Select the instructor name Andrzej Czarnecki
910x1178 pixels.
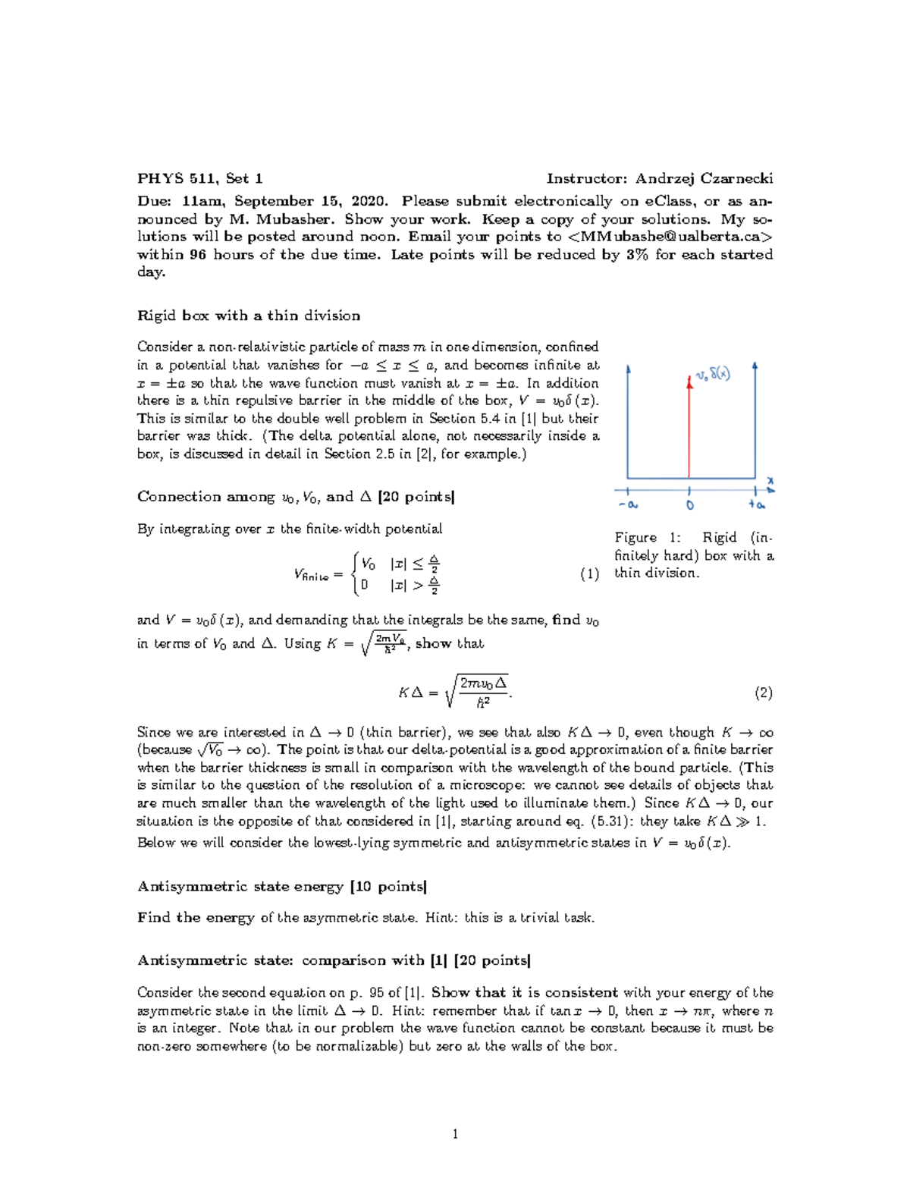704,179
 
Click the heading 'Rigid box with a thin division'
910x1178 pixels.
248,316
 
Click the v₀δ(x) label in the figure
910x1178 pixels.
713,375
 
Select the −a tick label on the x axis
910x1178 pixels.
627,505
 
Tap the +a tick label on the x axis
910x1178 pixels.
756,505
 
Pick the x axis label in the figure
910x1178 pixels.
770,481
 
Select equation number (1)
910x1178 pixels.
589,574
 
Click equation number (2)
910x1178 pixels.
763,693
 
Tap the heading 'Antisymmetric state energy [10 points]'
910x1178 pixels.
282,887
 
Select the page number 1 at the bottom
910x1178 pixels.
455,1135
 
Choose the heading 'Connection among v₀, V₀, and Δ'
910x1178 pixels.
296,497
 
